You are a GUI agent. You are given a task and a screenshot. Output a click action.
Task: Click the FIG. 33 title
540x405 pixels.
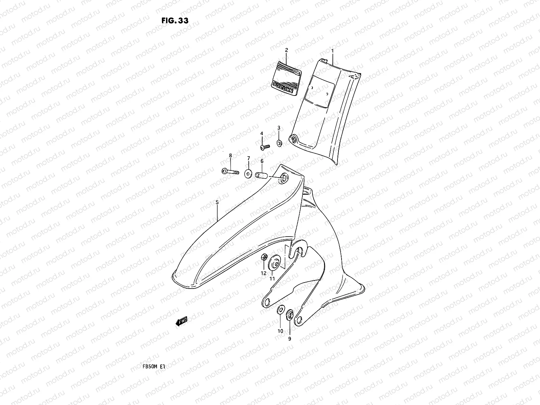[175, 20]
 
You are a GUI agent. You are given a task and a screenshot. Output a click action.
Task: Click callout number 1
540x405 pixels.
[332, 51]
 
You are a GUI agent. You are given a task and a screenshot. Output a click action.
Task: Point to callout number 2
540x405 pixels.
[287, 50]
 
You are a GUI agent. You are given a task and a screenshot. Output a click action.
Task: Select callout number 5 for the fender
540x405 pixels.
[217, 202]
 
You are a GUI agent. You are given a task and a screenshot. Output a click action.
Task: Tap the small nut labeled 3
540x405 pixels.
[279, 143]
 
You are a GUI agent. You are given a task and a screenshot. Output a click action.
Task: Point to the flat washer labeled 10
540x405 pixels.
[280, 310]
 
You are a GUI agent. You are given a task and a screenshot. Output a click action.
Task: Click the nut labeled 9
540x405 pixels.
[290, 316]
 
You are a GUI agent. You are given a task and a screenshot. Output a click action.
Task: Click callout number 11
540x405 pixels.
[272, 278]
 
